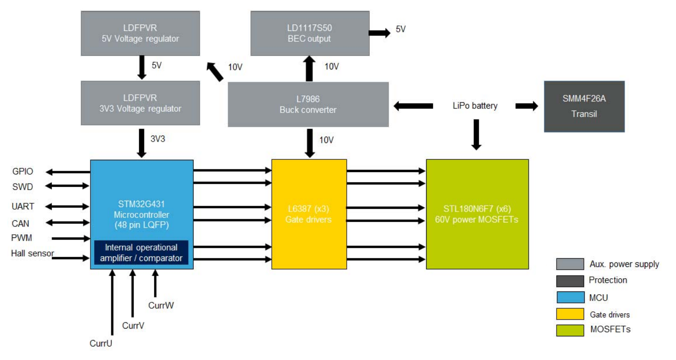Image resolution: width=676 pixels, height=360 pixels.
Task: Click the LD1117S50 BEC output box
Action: pos(309,34)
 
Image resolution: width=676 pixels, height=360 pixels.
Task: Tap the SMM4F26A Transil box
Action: pos(584,107)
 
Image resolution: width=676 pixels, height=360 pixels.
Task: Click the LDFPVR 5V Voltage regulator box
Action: pos(140,34)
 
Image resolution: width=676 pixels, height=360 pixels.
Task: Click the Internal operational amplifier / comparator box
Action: pos(141,253)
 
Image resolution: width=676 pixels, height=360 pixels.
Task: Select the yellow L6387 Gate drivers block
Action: pos(309,214)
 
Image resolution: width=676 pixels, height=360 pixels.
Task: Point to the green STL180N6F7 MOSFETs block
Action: pos(477,214)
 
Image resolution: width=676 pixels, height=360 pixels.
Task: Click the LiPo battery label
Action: pos(475,106)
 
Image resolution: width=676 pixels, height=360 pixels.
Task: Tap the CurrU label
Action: pos(100,343)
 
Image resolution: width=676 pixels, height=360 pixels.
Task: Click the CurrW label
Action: pos(161,306)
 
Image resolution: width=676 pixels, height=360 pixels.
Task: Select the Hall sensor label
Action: pos(32,253)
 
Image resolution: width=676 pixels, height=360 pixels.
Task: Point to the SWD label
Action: pos(22,187)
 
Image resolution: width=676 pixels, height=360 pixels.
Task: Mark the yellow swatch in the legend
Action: pos(570,314)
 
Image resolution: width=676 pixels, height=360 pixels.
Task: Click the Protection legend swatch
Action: pos(570,281)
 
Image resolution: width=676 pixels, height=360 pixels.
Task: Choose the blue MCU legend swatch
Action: pos(570,297)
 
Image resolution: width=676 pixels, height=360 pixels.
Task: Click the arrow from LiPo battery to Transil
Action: pos(527,106)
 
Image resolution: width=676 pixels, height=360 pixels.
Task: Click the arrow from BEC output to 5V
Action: pos(378,33)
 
